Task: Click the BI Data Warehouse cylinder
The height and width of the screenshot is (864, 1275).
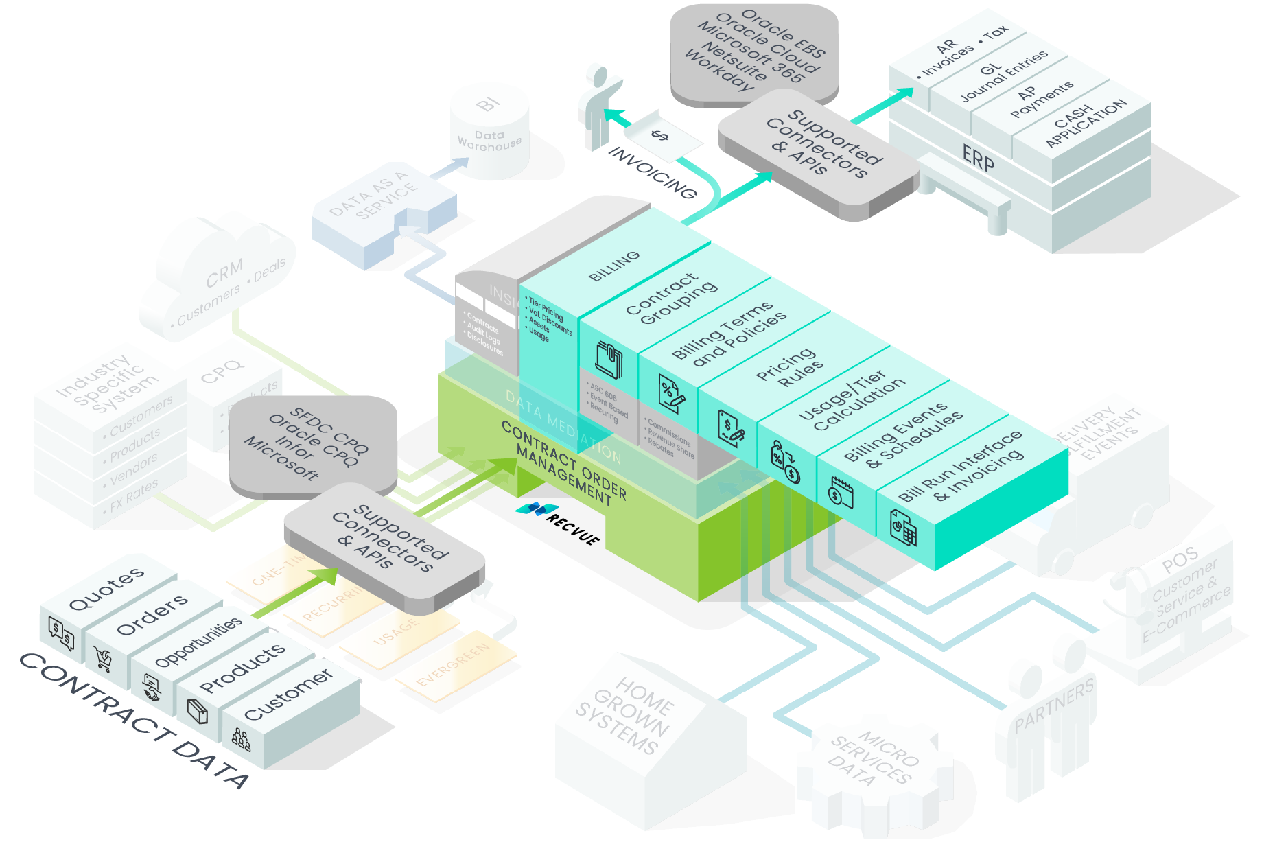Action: pyautogui.click(x=489, y=132)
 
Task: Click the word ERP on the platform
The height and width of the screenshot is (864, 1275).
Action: pyautogui.click(x=978, y=159)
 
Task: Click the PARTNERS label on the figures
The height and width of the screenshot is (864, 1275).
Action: pyautogui.click(x=1054, y=706)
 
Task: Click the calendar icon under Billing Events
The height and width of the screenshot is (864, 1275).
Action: pyautogui.click(x=841, y=491)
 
